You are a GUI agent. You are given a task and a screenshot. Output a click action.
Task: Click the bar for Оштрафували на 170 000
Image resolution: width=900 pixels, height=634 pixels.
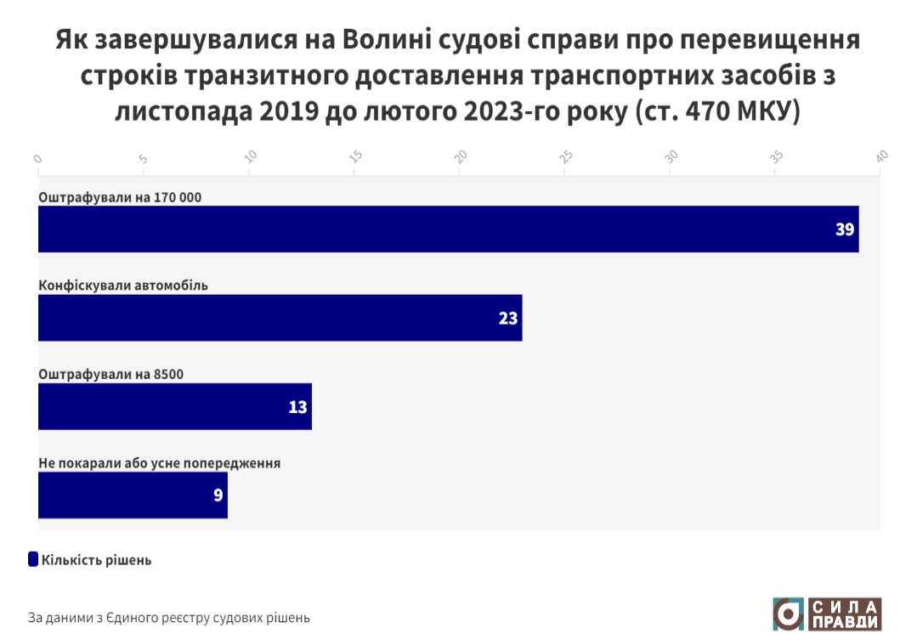coord(448,229)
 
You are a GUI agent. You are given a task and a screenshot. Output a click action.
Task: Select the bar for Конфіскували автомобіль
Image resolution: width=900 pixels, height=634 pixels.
coord(280,318)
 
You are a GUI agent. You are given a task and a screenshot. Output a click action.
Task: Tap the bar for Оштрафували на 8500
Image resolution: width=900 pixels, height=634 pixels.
coord(174,406)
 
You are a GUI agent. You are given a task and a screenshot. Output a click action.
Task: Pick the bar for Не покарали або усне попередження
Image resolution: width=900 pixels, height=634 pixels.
coord(133,495)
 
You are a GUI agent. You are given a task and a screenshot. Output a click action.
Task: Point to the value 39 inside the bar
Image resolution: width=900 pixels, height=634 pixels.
coord(844,229)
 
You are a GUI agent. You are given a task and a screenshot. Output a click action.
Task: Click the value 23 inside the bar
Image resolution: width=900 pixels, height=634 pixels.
coord(507,318)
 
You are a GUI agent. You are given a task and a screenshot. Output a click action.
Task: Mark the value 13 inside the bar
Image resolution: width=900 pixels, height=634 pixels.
coord(297,406)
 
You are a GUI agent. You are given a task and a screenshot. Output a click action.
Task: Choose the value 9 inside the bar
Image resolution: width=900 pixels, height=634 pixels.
coord(218,495)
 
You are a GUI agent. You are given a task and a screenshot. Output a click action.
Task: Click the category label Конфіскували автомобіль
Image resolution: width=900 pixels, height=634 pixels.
coord(123,286)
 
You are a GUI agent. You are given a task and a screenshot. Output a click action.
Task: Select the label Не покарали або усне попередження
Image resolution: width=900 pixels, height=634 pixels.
coord(160,463)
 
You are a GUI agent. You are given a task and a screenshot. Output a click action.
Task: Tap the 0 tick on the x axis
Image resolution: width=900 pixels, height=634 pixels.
coord(38,158)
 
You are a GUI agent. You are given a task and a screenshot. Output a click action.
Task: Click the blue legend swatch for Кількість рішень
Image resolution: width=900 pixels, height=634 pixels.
coord(33,559)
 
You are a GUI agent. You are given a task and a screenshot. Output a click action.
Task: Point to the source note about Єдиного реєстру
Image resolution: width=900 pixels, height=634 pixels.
coord(169,617)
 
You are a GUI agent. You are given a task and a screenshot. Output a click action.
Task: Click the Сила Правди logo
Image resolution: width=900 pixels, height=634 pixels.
coord(826,614)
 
